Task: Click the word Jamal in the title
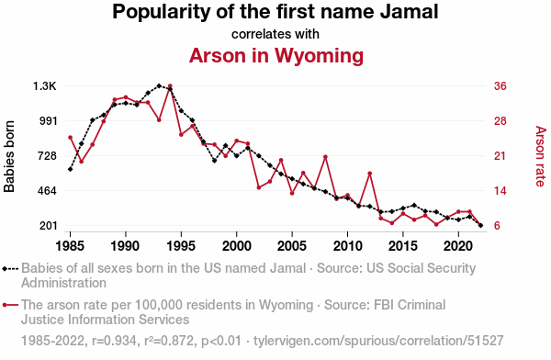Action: tap(409, 11)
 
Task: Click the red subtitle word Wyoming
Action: tap(319, 56)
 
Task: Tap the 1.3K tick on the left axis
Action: tap(45, 86)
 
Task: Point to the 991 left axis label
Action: tap(48, 121)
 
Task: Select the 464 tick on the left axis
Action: tap(48, 191)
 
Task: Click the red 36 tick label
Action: tap(500, 86)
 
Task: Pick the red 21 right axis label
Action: tap(500, 156)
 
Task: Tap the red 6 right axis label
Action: tap(497, 226)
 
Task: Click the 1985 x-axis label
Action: tap(70, 246)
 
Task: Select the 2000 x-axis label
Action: tap(237, 246)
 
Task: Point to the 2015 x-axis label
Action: tap(403, 246)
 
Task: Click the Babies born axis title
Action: tap(9, 156)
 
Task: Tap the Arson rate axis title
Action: tap(541, 156)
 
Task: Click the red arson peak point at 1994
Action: tap(170, 85)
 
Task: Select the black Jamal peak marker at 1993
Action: tap(159, 85)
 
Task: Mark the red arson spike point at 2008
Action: tap(325, 157)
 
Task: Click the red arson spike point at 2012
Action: tap(370, 174)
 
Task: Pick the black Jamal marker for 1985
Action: tap(71, 170)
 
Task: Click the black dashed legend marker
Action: tap(10, 269)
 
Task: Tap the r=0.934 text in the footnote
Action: tap(114, 341)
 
